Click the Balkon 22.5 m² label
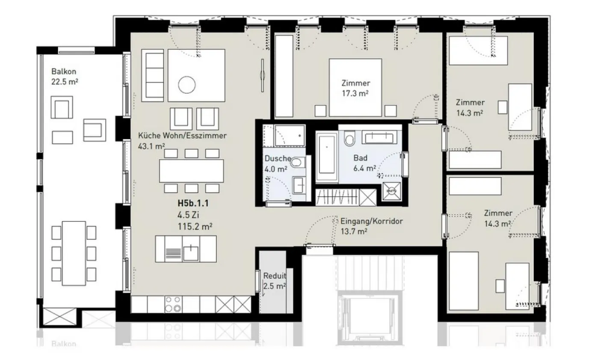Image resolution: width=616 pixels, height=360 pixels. [65, 77]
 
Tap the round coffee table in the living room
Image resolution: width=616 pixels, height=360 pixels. [187, 84]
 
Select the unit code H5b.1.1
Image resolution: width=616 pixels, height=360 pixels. [193, 203]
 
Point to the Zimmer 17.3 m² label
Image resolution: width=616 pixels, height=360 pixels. [355, 88]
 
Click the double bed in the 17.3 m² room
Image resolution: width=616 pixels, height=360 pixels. [355, 87]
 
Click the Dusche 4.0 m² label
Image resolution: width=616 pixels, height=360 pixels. [277, 164]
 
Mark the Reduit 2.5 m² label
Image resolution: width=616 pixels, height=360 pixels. [275, 281]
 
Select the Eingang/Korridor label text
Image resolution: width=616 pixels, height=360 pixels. [371, 221]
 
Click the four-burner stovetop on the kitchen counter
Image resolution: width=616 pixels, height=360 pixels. [174, 304]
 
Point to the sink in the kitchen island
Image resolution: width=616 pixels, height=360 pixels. [191, 253]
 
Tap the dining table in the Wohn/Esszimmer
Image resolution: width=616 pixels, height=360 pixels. [191, 171]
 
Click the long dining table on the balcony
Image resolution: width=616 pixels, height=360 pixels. [74, 253]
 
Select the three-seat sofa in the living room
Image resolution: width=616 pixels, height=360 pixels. [153, 75]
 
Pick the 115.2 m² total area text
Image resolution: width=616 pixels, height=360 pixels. [195, 226]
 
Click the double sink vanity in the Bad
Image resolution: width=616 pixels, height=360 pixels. [379, 137]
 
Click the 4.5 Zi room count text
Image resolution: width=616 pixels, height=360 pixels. [188, 215]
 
